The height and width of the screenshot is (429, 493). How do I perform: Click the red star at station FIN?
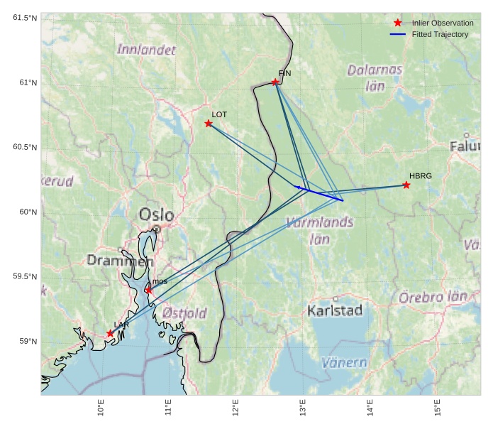tap(275, 82)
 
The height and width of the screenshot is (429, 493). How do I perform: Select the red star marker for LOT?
tap(209, 124)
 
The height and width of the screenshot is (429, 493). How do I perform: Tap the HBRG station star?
tap(406, 185)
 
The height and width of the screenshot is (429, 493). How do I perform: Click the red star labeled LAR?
tap(110, 334)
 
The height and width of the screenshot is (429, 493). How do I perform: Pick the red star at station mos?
tap(148, 290)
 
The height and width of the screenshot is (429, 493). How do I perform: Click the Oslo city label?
tap(156, 214)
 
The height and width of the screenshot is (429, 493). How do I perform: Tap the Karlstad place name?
tap(335, 310)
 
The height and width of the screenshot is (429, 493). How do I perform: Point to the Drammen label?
tap(120, 261)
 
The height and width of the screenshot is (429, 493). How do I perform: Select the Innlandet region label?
tap(146, 50)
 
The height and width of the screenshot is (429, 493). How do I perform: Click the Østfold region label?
tap(184, 313)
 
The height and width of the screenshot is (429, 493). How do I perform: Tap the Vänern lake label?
tap(344, 362)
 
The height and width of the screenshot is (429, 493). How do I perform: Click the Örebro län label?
tap(433, 297)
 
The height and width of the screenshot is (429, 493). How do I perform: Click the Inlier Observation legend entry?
tap(442, 23)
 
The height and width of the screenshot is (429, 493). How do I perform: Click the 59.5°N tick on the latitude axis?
tap(25, 277)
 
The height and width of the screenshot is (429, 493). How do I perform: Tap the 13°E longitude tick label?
tap(303, 411)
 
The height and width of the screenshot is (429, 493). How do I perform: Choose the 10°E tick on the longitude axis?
tap(101, 411)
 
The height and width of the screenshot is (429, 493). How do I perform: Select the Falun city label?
tap(465, 146)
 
